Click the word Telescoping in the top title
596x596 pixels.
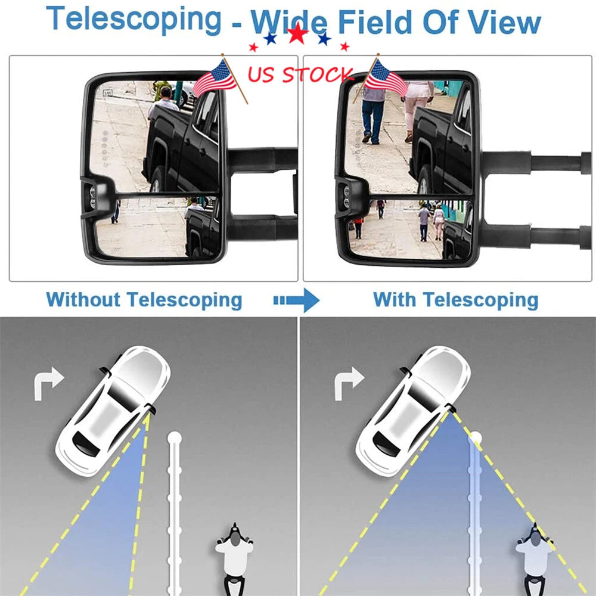(x=134, y=20)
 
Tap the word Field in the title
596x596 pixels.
(x=374, y=22)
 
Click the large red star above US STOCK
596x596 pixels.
(x=297, y=33)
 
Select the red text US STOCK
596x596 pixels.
(x=300, y=74)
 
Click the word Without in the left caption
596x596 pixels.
(x=83, y=300)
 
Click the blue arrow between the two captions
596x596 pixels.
(x=296, y=300)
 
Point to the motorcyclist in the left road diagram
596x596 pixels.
(x=234, y=559)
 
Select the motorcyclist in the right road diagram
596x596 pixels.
(x=535, y=559)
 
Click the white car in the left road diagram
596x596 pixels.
(x=113, y=411)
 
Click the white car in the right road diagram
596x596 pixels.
(x=413, y=411)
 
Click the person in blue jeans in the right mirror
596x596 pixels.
(x=372, y=114)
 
